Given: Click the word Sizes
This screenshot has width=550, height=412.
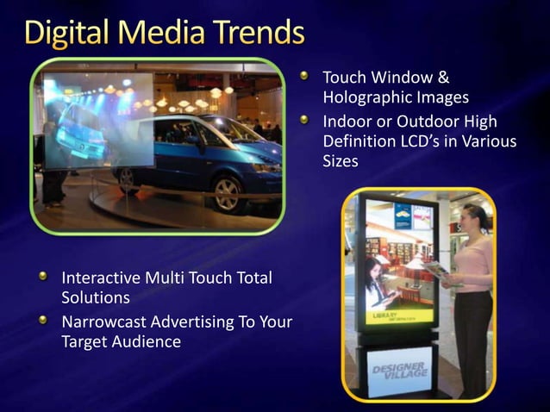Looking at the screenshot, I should (x=341, y=161).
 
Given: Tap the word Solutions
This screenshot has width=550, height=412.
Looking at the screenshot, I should (x=96, y=298).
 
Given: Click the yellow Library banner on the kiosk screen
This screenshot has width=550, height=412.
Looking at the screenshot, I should (x=397, y=318).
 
